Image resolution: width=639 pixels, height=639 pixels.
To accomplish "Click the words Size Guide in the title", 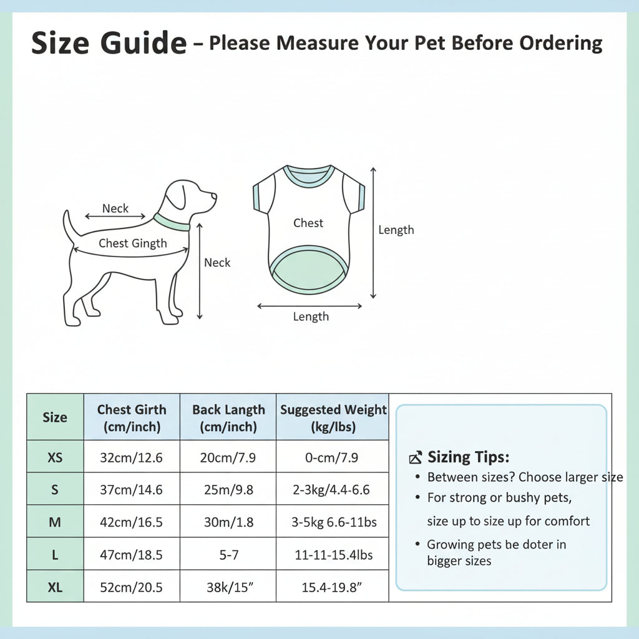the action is [x=109, y=43].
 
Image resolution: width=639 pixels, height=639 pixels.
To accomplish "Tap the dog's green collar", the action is [x=171, y=223].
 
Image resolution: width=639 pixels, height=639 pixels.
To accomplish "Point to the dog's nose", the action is [x=214, y=197].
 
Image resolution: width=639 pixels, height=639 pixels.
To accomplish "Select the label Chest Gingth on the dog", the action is [x=133, y=243].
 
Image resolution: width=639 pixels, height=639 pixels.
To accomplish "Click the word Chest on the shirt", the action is [x=308, y=223].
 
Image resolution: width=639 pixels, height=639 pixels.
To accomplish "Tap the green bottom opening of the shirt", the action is [x=308, y=270].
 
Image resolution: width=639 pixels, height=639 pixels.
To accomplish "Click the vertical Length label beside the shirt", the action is [x=396, y=230].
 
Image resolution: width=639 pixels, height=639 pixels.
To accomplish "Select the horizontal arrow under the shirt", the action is [x=310, y=306].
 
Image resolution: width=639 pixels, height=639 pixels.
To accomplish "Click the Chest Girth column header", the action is [x=132, y=417].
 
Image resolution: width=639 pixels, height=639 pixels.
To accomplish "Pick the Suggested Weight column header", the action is [x=333, y=417].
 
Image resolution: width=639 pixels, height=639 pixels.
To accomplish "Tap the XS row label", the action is [x=55, y=457].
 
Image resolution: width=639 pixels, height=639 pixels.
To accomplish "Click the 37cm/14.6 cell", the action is [x=131, y=489].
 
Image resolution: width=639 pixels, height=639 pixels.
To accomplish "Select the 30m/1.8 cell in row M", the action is [x=228, y=522].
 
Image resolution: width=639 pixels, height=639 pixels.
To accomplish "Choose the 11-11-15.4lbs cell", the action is [x=334, y=555].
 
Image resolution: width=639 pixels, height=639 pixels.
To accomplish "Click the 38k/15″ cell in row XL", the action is [x=230, y=587].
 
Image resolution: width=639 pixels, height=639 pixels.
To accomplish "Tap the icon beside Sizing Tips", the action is [x=415, y=457].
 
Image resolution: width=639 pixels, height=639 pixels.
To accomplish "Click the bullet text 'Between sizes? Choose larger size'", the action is [x=525, y=477].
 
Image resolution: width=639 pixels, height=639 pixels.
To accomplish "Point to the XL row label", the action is [x=55, y=587].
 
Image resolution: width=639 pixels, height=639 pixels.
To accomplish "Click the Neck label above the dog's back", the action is [x=115, y=208].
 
